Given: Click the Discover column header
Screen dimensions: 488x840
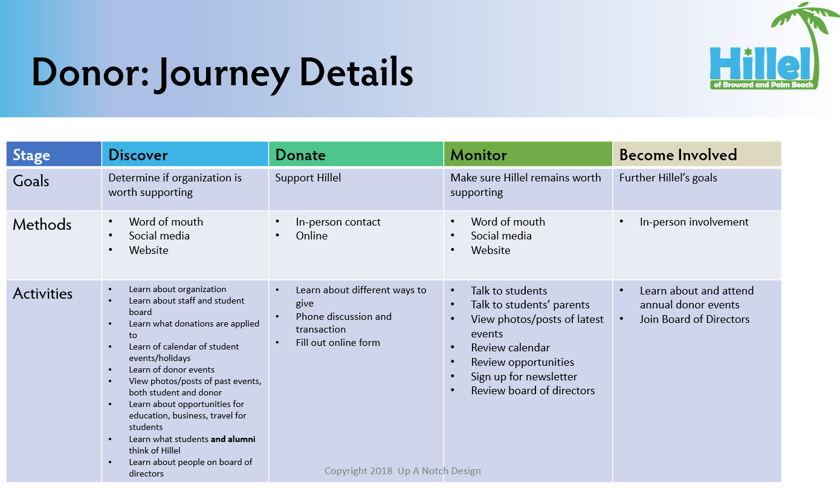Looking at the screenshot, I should (x=138, y=155).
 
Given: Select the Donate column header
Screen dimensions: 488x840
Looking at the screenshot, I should (x=300, y=155).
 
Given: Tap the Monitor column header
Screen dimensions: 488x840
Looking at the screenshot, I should (x=478, y=155).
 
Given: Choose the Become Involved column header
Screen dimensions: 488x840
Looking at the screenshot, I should (x=678, y=155).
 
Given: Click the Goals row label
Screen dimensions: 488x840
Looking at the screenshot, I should (x=31, y=181).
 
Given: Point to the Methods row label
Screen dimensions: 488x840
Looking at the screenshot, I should (x=42, y=224).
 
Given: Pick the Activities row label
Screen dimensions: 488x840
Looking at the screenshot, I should (x=43, y=293).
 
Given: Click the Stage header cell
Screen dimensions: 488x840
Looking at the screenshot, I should (x=31, y=155).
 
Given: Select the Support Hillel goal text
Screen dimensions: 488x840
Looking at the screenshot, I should (x=308, y=178).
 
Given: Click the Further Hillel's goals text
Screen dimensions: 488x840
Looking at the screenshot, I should (x=668, y=178).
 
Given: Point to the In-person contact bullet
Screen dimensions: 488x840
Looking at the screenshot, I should (x=338, y=222).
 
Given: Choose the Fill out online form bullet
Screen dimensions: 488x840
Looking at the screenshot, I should (x=338, y=342).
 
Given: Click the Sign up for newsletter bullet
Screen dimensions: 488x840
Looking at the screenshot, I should (x=524, y=376).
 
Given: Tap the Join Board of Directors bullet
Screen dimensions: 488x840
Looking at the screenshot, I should (x=694, y=319).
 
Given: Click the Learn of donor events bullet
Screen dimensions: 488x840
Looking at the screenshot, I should (x=172, y=369).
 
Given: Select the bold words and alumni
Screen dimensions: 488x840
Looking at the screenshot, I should (x=233, y=439).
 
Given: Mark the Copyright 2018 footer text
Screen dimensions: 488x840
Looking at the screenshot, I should (x=402, y=470).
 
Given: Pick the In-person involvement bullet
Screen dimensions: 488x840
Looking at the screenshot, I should (x=694, y=222).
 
